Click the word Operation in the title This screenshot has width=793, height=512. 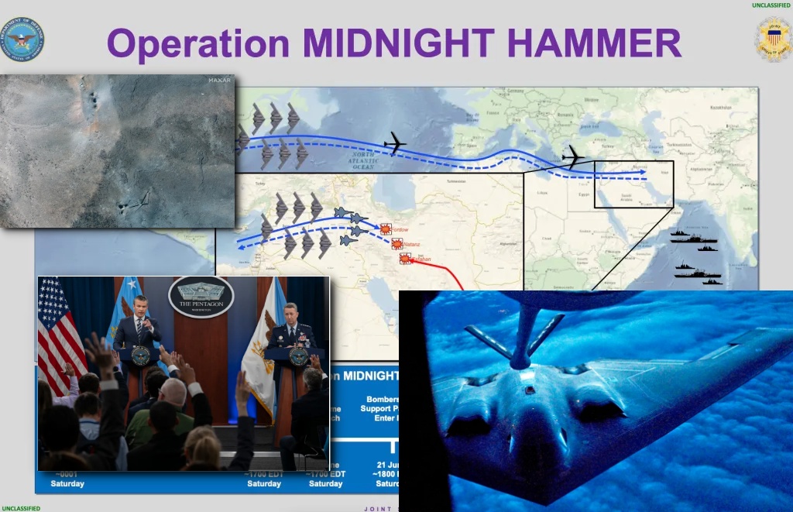pyautogui.click(x=198, y=43)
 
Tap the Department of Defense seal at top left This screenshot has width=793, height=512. pyautogui.click(x=22, y=40)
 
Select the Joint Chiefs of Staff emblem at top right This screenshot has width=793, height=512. pyautogui.click(x=771, y=40)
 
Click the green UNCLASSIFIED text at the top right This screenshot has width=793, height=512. pyautogui.click(x=771, y=5)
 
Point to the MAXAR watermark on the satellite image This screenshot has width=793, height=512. pyautogui.click(x=219, y=80)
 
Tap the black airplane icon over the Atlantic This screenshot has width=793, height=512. pyautogui.click(x=395, y=143)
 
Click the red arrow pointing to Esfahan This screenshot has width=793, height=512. pyautogui.click(x=438, y=269)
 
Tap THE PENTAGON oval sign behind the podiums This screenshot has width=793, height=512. pyautogui.click(x=201, y=295)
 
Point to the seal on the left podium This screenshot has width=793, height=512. pyautogui.click(x=140, y=356)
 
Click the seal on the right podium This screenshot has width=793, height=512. pyautogui.click(x=297, y=356)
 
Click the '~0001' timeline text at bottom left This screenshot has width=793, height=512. pyautogui.click(x=67, y=474)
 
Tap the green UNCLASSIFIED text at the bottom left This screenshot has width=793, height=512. pyautogui.click(x=21, y=508)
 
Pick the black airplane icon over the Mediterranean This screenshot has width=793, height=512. pyautogui.click(x=574, y=156)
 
